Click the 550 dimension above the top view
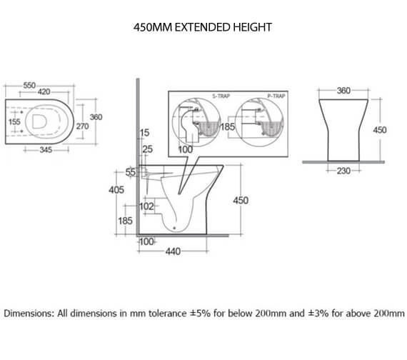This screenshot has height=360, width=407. coord(29,85)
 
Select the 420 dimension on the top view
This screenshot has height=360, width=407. coord(44,92)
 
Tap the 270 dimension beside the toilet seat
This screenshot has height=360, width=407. coord(84,126)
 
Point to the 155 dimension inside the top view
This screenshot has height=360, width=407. coord(14,122)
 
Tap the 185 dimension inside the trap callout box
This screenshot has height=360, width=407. coord(228,126)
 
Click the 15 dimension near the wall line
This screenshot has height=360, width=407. coord(145,134)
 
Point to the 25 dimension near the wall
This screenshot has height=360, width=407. coord(147,149)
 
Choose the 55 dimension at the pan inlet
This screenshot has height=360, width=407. coord(130,173)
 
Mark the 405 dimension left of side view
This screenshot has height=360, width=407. coord(116,190)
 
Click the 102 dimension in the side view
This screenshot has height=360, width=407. coord(146,206)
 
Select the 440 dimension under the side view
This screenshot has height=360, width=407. coord(172,251)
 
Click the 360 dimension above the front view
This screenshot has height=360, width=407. coord(344,91)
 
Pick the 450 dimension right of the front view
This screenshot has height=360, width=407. coord(380,130)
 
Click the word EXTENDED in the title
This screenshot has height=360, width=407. coord(201,27)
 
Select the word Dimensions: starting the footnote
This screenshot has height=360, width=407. coord(28,314)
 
